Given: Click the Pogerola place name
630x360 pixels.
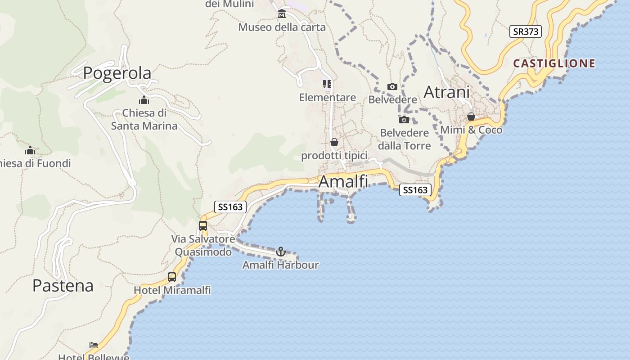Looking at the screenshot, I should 117,73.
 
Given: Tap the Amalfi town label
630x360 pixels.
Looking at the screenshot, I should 343,181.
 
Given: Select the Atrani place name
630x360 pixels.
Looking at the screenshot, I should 446,92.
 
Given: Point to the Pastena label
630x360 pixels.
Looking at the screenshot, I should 63,285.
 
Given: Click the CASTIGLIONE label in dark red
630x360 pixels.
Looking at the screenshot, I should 554,63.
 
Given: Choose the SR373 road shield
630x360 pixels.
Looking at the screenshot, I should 525,31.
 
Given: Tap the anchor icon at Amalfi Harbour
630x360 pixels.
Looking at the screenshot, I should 281,252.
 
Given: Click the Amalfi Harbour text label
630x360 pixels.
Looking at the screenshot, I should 280,265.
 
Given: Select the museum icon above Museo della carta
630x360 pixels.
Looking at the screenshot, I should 282,14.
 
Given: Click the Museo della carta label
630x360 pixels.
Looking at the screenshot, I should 282,27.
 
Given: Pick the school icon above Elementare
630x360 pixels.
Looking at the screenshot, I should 327,84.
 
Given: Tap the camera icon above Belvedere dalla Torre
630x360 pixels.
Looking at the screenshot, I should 404,120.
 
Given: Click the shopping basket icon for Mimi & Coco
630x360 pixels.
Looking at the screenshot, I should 471,117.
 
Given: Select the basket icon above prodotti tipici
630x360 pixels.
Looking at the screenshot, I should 334,142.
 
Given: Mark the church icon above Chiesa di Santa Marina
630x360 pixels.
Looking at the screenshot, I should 144,100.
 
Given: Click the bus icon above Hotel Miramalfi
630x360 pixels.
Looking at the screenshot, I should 172,277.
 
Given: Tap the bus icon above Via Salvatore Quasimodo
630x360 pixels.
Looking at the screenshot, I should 203,225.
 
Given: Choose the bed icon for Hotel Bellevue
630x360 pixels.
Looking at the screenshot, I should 94,345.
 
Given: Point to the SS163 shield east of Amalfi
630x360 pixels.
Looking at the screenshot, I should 415,190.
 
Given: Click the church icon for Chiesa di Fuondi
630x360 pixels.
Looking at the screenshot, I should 30,150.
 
